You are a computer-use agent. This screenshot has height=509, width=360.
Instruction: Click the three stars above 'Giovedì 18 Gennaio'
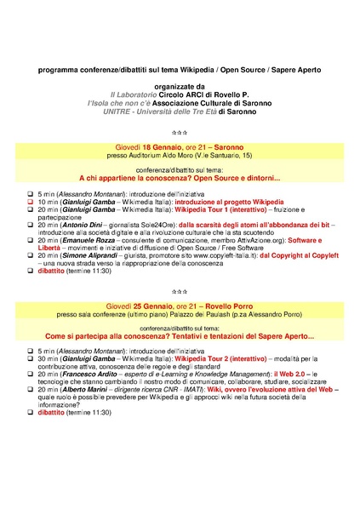tap(180, 133)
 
